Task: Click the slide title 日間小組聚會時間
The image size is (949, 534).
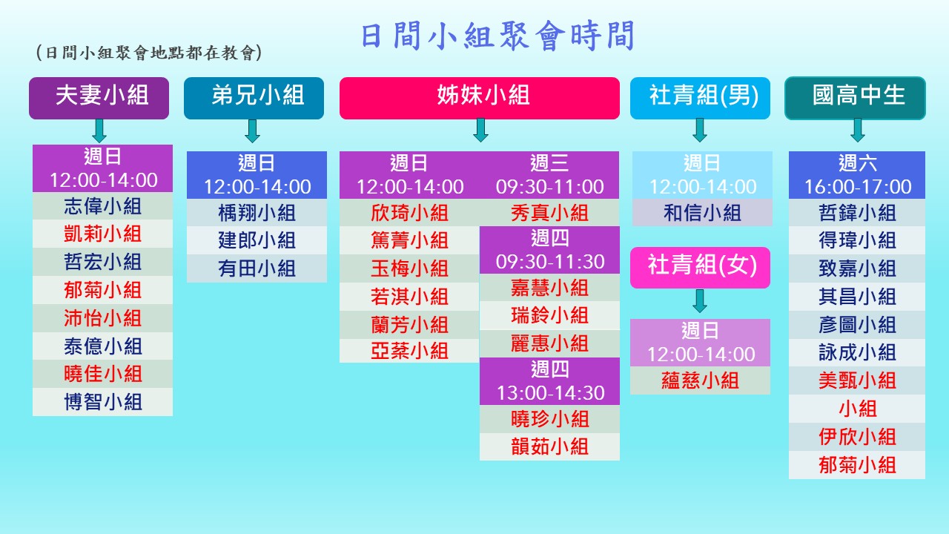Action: pyautogui.click(x=497, y=36)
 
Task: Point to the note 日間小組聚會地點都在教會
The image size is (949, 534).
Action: pyautogui.click(x=149, y=53)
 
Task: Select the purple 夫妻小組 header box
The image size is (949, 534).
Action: pyautogui.click(x=99, y=98)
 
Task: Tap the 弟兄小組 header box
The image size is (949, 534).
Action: pyautogui.click(x=254, y=98)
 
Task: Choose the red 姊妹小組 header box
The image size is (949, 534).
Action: pyautogui.click(x=480, y=98)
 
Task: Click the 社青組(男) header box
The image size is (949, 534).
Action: pyautogui.click(x=701, y=98)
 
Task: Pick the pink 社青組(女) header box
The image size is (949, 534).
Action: pyautogui.click(x=701, y=268)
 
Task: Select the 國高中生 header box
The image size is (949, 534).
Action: pyautogui.click(x=856, y=98)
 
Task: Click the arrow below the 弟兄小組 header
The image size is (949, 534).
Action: pyautogui.click(x=253, y=131)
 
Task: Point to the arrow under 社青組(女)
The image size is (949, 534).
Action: pyautogui.click(x=700, y=301)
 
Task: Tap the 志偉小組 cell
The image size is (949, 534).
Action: pyautogui.click(x=102, y=206)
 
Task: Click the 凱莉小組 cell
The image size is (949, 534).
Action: pyautogui.click(x=102, y=234)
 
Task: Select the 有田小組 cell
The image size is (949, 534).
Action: pyautogui.click(x=257, y=268)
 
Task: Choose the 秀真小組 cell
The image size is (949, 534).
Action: pyautogui.click(x=549, y=212)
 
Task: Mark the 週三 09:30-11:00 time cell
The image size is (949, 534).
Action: pyautogui.click(x=549, y=175)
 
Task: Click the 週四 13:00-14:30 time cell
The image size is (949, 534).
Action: pyautogui.click(x=549, y=381)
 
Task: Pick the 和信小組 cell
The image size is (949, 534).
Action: pyautogui.click(x=702, y=212)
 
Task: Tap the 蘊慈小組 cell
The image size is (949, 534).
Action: pyautogui.click(x=701, y=380)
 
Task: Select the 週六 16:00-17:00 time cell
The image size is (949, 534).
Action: pyautogui.click(x=857, y=175)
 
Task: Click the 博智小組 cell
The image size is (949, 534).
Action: pyautogui.click(x=102, y=402)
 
